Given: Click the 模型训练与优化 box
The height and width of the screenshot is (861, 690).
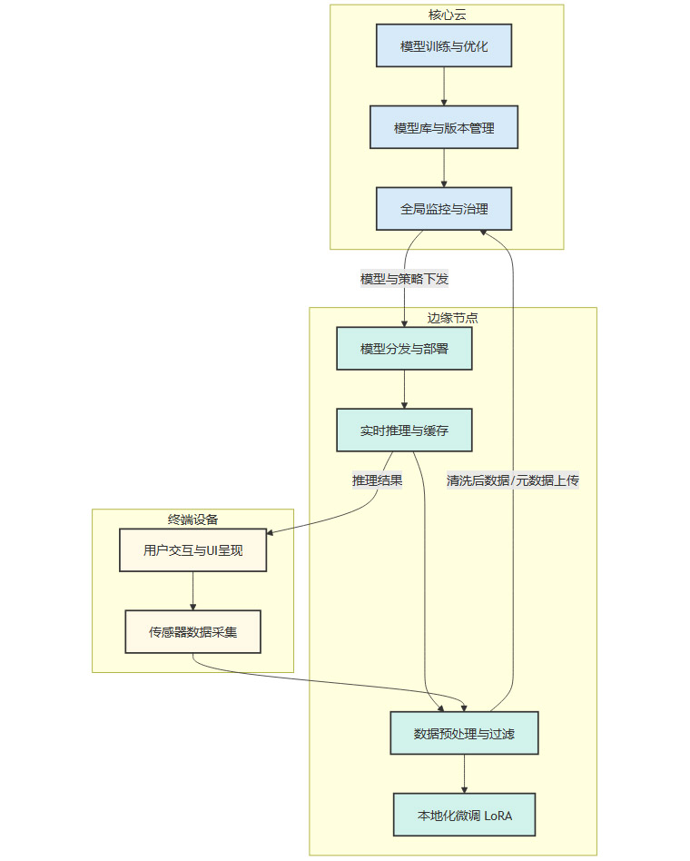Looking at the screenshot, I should [x=444, y=45].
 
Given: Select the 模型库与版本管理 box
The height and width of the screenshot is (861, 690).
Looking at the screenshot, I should [x=444, y=127].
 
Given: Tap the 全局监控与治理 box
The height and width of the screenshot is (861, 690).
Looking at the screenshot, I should [x=444, y=209].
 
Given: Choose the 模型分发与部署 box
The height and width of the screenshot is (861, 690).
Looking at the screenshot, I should [x=404, y=349].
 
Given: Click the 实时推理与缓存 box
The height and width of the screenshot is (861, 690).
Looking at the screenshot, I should [x=404, y=430].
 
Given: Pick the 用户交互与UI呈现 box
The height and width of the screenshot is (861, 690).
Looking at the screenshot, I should [x=192, y=549].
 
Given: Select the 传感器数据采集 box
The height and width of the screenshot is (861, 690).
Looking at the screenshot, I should [x=192, y=631].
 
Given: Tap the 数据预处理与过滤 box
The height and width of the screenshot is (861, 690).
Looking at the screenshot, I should [x=464, y=733].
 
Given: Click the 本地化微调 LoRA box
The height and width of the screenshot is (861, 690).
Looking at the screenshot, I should [x=464, y=815].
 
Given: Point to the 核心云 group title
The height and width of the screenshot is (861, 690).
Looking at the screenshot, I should [x=447, y=14].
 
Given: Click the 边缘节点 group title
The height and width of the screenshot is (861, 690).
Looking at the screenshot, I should [x=453, y=317].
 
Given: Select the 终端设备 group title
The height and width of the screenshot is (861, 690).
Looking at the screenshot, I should [x=192, y=519].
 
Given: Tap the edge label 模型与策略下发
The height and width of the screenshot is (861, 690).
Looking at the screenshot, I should [x=404, y=279].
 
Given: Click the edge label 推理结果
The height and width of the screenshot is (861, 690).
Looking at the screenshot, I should [x=378, y=480].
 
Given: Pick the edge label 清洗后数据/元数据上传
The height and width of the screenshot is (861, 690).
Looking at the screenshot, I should [x=512, y=480].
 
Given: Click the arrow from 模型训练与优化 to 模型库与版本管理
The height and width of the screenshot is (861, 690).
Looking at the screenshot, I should [x=444, y=86].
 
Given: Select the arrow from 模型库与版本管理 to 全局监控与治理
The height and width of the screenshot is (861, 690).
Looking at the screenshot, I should [x=444, y=168].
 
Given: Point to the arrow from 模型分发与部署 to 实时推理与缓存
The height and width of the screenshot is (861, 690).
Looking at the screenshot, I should [x=404, y=390].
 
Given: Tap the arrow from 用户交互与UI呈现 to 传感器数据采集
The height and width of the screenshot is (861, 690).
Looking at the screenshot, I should [x=192, y=590].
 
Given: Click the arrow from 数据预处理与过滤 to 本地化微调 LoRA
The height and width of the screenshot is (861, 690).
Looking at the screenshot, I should [x=464, y=774].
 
